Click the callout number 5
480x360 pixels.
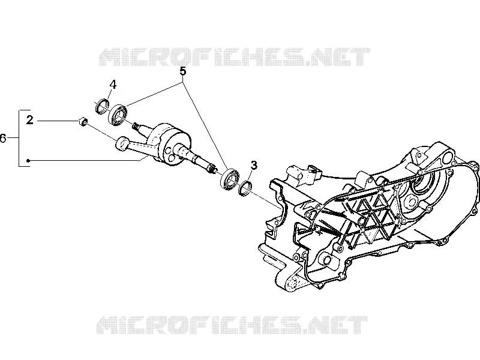point(182,71)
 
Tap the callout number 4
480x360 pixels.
point(113,85)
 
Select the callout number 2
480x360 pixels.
point(29,120)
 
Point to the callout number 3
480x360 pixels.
point(254,166)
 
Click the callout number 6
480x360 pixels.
point(3,139)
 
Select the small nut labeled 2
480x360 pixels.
point(83,122)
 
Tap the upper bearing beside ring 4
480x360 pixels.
point(118,115)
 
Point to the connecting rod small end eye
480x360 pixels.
point(122,143)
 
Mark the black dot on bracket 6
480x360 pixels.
point(28,160)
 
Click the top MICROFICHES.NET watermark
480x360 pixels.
point(235,57)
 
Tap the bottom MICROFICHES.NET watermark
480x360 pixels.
point(232,325)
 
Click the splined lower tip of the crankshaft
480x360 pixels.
point(212,169)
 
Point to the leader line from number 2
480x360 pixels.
point(58,121)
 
